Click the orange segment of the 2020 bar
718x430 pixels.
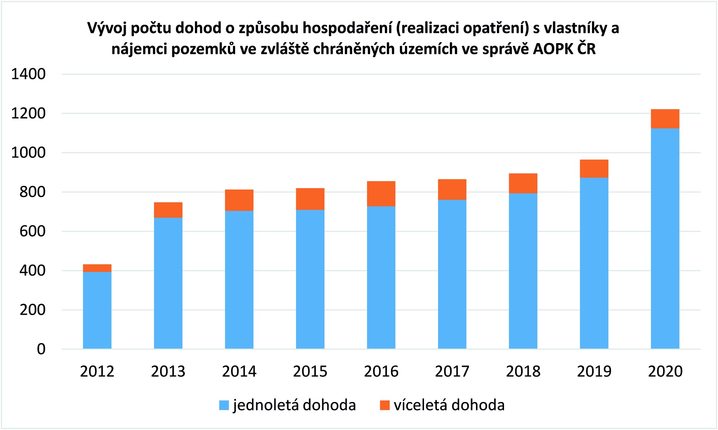click(x=665, y=119)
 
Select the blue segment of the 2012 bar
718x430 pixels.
click(x=97, y=310)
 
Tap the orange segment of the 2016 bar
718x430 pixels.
click(x=381, y=194)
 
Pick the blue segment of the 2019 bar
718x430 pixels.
click(x=594, y=263)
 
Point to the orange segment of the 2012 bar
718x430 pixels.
click(x=97, y=268)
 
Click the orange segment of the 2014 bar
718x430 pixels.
click(x=239, y=200)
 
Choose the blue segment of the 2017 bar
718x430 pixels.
click(x=452, y=274)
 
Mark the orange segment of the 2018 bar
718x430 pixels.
click(x=523, y=183)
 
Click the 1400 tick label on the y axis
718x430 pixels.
click(x=28, y=74)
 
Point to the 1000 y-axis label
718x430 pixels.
click(x=28, y=153)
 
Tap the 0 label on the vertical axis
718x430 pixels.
click(x=41, y=349)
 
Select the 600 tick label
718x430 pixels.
click(x=32, y=231)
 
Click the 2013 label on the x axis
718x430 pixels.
click(x=168, y=371)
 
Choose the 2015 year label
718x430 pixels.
click(x=310, y=371)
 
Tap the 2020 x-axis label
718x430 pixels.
click(x=665, y=371)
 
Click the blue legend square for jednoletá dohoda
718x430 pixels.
click(x=224, y=405)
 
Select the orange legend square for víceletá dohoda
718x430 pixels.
click(x=384, y=405)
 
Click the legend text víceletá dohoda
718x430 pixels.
click(x=449, y=405)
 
